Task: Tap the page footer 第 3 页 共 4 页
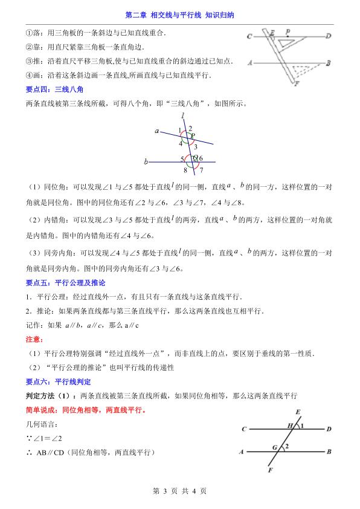[180, 491]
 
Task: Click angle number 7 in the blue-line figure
[201, 171]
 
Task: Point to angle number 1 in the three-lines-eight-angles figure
[179, 130]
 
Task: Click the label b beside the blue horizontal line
[146, 162]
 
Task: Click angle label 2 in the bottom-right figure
[288, 447]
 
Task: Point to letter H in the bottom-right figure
[290, 426]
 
